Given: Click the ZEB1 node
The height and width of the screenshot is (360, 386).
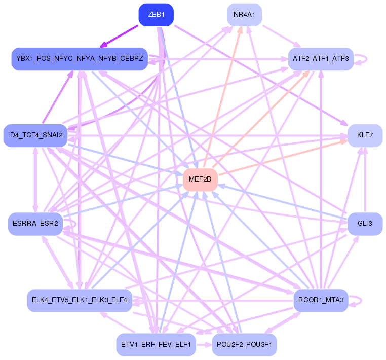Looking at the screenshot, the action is (156, 15).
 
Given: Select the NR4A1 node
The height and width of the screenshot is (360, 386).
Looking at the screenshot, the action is (244, 15).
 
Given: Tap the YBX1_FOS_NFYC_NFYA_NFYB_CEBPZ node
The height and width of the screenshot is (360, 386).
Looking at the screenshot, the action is (80, 59).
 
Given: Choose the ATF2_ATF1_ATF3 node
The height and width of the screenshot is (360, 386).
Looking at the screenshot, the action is (321, 59).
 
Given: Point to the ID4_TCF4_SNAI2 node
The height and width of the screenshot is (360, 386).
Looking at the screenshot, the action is (35, 135).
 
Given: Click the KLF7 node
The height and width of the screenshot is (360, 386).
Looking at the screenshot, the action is (365, 135).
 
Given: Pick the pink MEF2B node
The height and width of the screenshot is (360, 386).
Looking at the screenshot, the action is (200, 179).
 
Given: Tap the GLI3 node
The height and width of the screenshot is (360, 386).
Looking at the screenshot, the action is (365, 224).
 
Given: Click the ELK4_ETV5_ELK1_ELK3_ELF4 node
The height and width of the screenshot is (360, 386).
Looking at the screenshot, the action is (80, 300).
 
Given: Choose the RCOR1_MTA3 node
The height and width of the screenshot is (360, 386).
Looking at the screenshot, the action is (321, 300).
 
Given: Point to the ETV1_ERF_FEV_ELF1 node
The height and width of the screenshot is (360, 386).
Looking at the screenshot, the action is (156, 345).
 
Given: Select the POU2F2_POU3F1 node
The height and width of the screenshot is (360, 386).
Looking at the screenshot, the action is (244, 345).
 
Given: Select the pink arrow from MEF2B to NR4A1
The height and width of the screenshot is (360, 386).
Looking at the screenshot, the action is (222, 98).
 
